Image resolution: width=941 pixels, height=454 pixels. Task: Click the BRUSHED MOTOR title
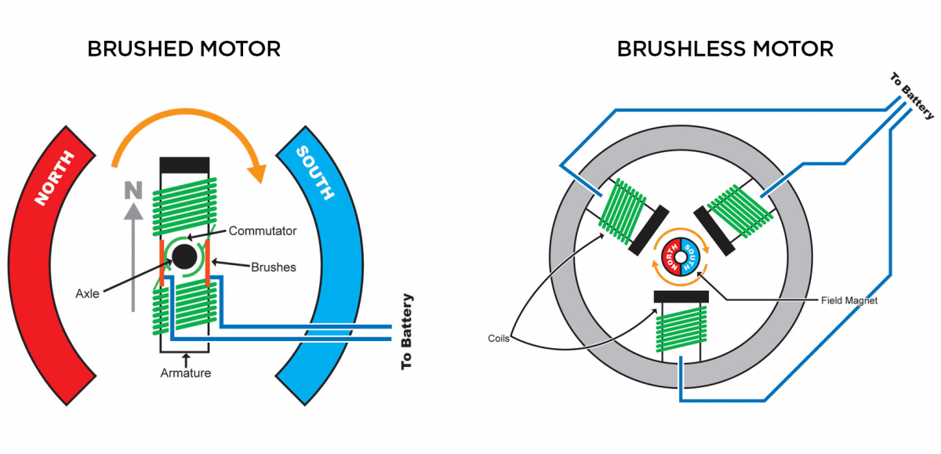point(183,49)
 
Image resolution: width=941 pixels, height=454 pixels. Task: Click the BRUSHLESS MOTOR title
point(725,49)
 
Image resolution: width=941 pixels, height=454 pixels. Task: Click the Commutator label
point(262,231)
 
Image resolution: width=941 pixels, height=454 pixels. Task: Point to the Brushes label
point(274,267)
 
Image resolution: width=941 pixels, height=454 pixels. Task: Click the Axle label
point(87,293)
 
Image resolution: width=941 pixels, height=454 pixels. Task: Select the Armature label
point(186,373)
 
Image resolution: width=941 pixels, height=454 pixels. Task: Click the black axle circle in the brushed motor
point(185,257)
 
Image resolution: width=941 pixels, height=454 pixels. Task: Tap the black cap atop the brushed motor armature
point(184,165)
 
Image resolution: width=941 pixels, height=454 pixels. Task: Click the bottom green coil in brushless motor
point(680,330)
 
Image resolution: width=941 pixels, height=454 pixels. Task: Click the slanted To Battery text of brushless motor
point(912,96)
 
